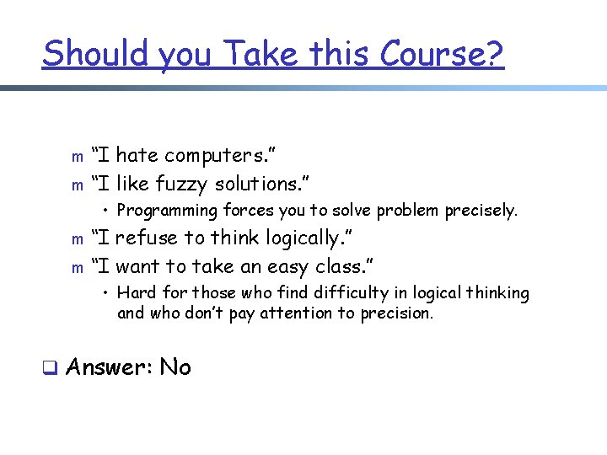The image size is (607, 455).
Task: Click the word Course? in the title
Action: pos(442,53)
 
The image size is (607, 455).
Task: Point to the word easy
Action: pos(279,267)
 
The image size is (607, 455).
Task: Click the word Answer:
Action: pos(107,367)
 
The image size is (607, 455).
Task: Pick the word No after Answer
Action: pos(175,367)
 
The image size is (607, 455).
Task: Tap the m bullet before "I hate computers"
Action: pos(77,157)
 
